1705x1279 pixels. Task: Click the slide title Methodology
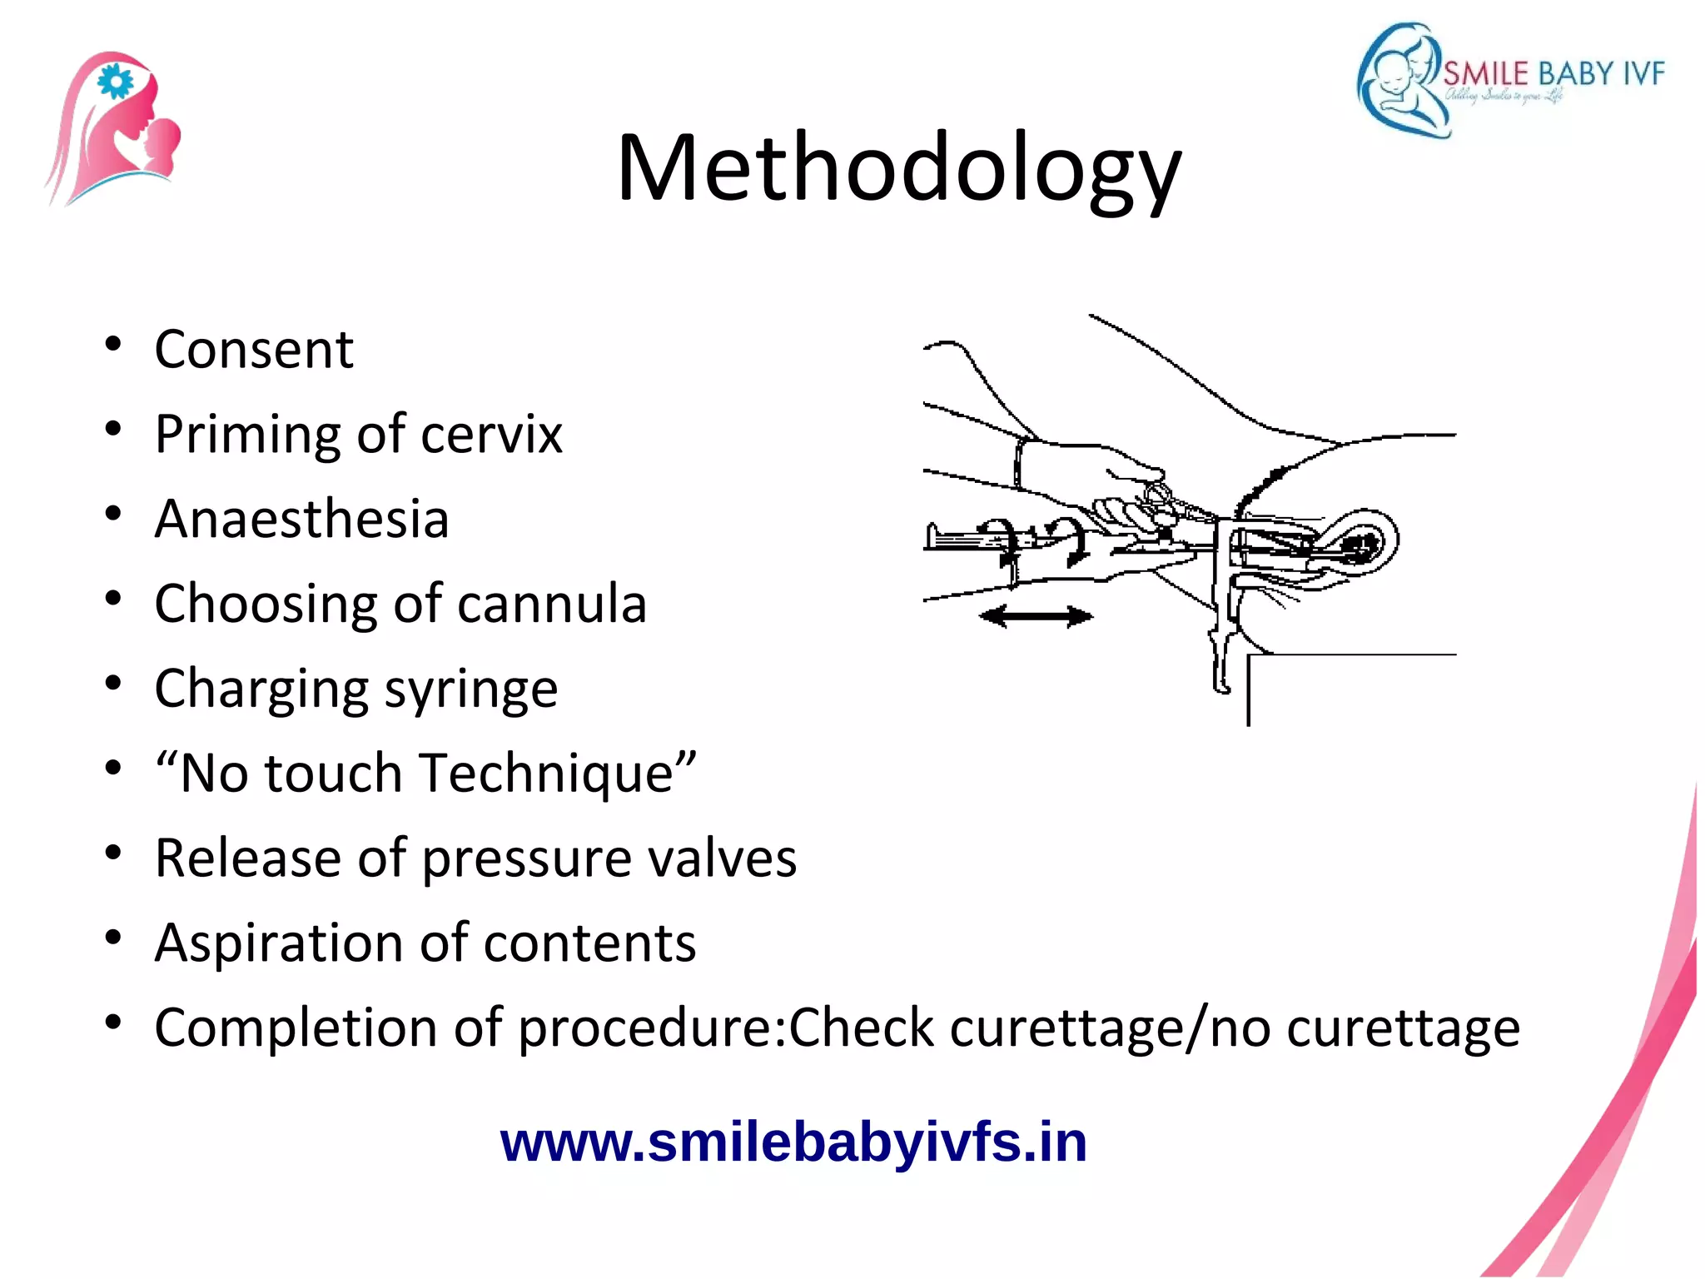(898, 169)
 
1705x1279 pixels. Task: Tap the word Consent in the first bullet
(254, 349)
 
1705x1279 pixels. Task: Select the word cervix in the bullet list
(491, 434)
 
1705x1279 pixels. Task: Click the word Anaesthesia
(301, 519)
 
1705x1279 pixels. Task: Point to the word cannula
(551, 604)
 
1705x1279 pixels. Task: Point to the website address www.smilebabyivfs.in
(793, 1142)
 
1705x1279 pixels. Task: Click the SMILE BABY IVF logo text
(1553, 74)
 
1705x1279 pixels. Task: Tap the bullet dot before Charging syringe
(113, 684)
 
